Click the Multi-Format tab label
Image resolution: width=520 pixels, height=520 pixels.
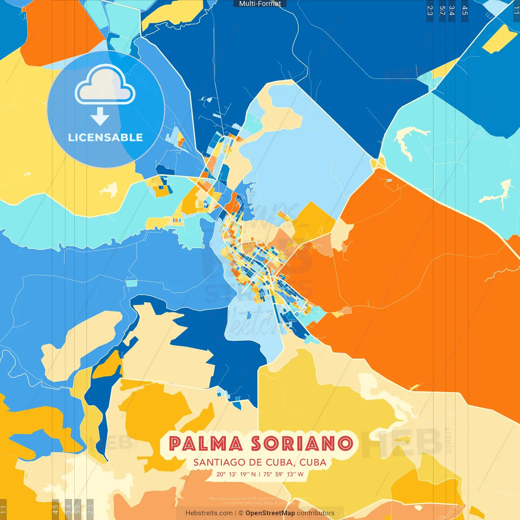click(260, 4)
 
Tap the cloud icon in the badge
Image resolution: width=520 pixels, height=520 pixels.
click(105, 85)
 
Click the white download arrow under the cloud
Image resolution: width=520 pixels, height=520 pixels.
click(100, 116)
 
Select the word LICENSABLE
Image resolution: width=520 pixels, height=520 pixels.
click(106, 138)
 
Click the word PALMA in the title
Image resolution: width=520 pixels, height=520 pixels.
click(206, 444)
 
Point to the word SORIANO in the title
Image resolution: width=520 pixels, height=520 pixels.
click(302, 444)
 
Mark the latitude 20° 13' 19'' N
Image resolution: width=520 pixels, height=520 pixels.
click(236, 474)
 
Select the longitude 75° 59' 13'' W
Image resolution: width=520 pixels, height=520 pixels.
click(283, 474)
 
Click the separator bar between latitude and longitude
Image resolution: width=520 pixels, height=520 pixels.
click(260, 474)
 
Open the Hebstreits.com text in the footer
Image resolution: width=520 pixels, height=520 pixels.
click(209, 513)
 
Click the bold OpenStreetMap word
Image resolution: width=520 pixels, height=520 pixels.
click(270, 513)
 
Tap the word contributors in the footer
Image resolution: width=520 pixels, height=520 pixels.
click(316, 513)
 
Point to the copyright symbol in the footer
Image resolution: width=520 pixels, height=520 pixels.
click(241, 513)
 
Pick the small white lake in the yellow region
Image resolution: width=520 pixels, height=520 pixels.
click(109, 190)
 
